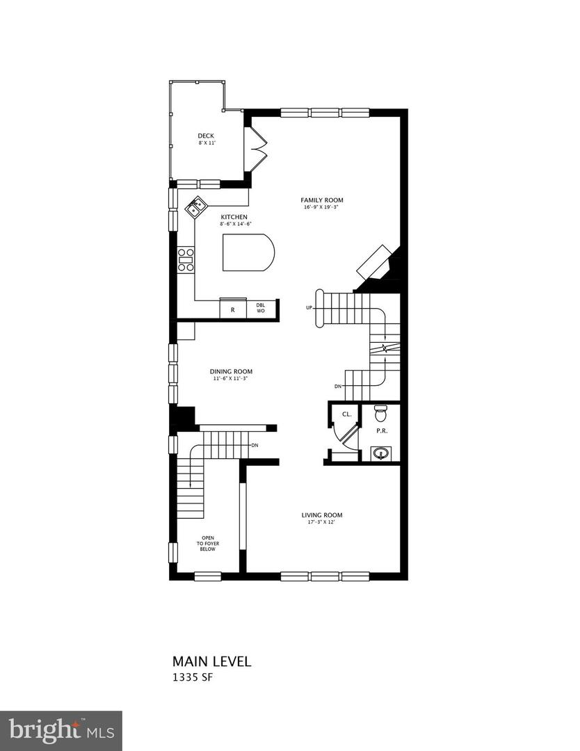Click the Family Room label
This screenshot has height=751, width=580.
click(x=323, y=200)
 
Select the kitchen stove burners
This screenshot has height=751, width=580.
click(x=186, y=259)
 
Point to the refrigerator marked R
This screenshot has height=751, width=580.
click(x=232, y=309)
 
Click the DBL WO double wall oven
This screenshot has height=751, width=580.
click(x=261, y=309)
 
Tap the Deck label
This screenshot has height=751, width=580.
click(x=205, y=136)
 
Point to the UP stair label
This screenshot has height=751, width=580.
click(x=309, y=307)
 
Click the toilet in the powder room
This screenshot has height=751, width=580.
click(x=380, y=414)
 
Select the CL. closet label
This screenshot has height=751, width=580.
click(x=346, y=414)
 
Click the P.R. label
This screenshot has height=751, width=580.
click(x=382, y=430)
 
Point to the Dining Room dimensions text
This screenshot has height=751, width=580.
click(x=232, y=379)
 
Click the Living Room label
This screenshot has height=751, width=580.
click(x=321, y=515)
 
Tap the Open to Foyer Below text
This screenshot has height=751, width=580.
click(x=208, y=543)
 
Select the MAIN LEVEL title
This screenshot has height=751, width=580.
click(x=211, y=661)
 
